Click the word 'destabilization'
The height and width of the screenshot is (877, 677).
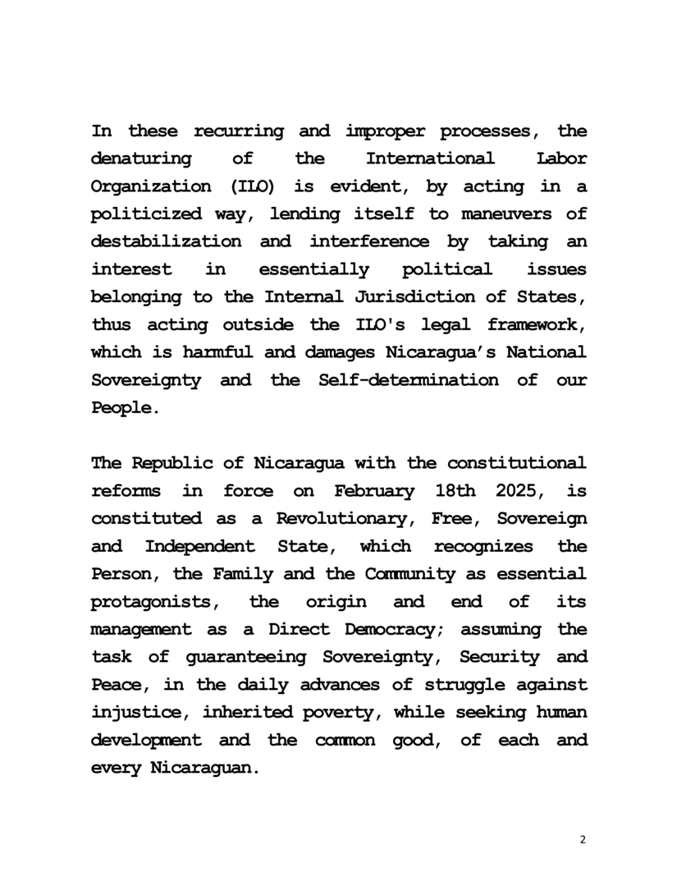(x=166, y=242)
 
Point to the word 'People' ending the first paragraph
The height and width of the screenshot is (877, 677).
(x=121, y=408)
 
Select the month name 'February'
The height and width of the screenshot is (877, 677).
(x=373, y=492)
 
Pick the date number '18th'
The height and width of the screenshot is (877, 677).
(x=448, y=492)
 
